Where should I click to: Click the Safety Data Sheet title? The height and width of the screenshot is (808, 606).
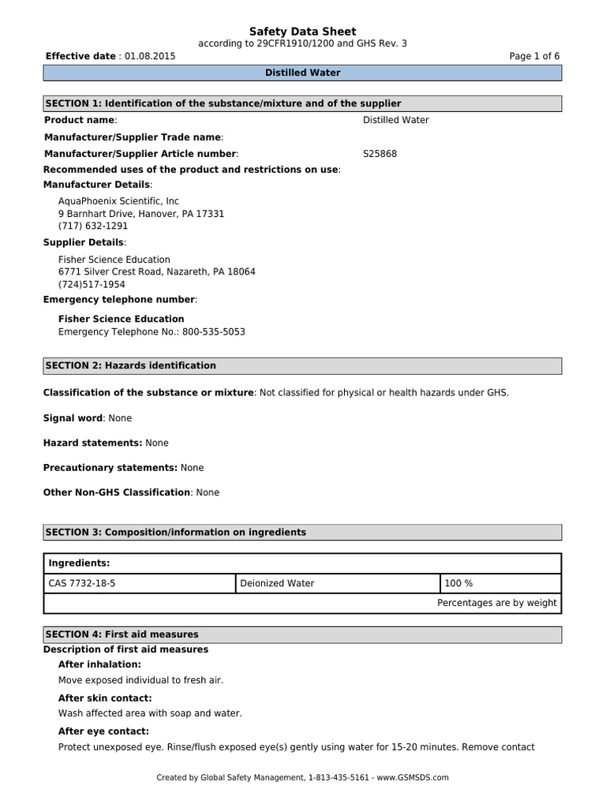point(302,31)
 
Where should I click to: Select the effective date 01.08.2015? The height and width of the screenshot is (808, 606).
point(150,56)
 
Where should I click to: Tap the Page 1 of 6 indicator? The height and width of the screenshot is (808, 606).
point(535,56)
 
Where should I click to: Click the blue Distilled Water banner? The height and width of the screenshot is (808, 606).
point(302,73)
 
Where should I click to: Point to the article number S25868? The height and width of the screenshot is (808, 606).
point(380,154)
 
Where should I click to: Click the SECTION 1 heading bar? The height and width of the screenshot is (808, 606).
point(302,103)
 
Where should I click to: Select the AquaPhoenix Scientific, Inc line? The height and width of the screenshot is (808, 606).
point(118,201)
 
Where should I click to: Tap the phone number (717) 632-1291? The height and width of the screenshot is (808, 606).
point(93,226)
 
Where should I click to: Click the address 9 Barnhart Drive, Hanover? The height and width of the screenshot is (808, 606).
point(141,214)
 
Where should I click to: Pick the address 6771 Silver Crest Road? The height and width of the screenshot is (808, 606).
point(157,271)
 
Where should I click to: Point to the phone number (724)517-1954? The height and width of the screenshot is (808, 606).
point(92,284)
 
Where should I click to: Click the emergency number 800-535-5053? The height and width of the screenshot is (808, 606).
point(213,332)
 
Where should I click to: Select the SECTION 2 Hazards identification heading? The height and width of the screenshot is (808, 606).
point(302,365)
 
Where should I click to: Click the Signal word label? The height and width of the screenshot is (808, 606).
point(73,418)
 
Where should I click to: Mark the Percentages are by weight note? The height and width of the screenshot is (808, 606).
point(496,603)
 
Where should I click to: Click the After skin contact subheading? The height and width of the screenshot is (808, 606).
point(105,698)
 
